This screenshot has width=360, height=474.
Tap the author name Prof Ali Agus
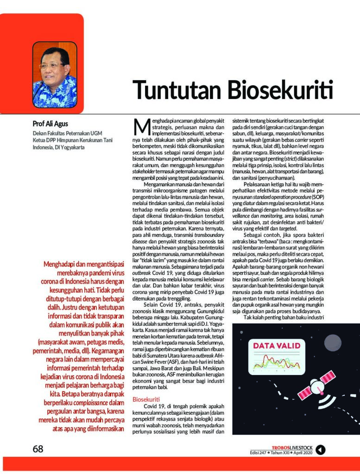pos(50,124)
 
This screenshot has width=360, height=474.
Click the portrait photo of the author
pos(55,75)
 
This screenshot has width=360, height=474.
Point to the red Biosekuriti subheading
pos(145,399)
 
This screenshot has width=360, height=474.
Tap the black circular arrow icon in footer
pos(321,449)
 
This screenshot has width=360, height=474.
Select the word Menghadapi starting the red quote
pos(62,265)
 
